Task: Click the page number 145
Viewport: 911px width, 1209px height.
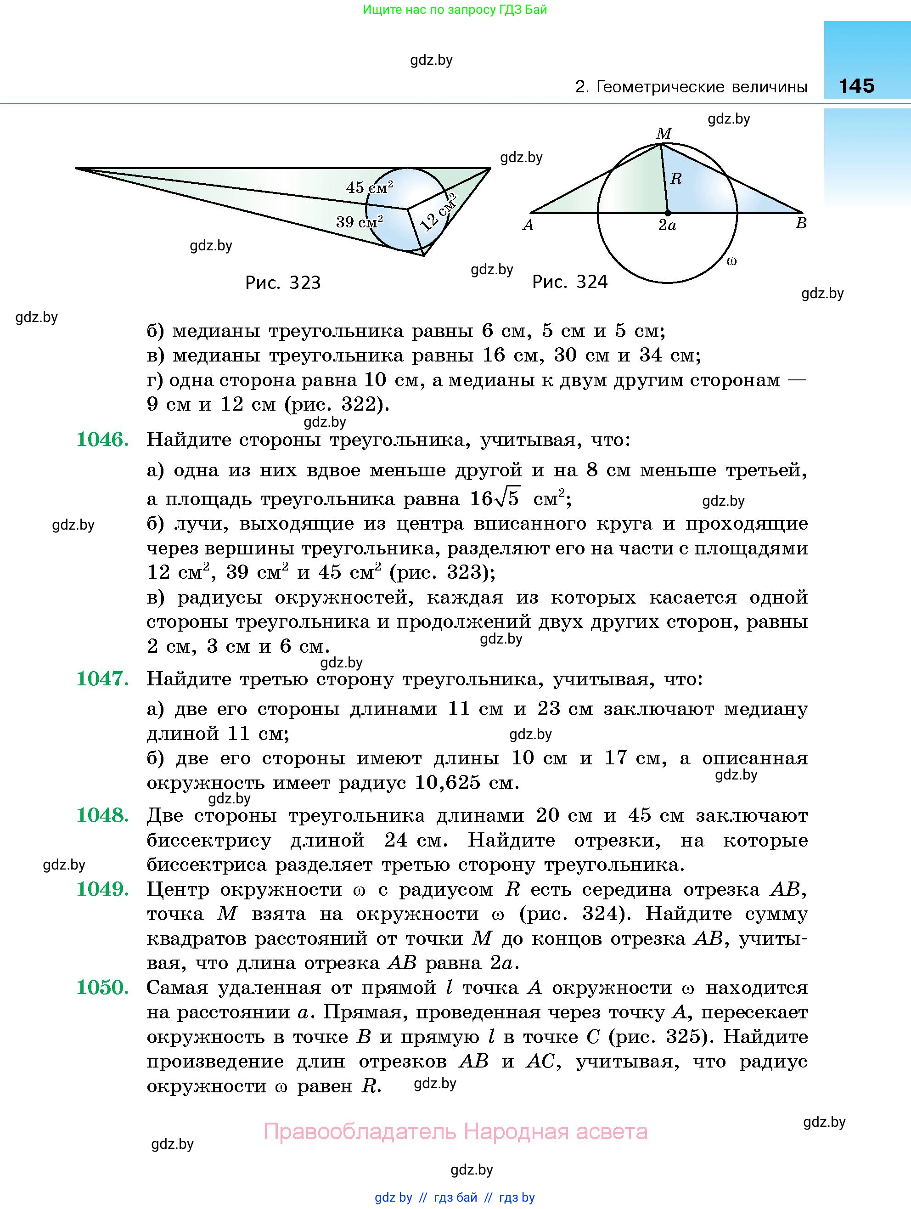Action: click(x=856, y=86)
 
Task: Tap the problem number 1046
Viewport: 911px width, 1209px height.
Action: click(x=102, y=440)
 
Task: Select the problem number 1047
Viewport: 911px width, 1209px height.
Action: click(x=102, y=679)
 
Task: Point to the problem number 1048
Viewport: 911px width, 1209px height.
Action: click(x=102, y=815)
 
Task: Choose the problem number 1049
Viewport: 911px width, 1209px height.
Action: click(x=102, y=889)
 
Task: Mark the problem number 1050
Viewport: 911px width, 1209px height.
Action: click(x=102, y=988)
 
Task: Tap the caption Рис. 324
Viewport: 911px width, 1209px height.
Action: click(x=569, y=282)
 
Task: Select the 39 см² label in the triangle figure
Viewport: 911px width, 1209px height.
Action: click(x=359, y=221)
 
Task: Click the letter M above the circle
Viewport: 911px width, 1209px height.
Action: click(x=664, y=133)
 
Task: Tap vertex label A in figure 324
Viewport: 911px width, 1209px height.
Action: click(x=528, y=225)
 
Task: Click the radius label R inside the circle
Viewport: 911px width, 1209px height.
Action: click(x=676, y=178)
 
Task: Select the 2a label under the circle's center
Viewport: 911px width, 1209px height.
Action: click(x=667, y=225)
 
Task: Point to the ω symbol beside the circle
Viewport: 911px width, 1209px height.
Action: click(x=732, y=261)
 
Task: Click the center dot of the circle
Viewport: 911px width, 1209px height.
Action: click(x=667, y=213)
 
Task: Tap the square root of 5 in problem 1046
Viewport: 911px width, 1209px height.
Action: click(x=506, y=497)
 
